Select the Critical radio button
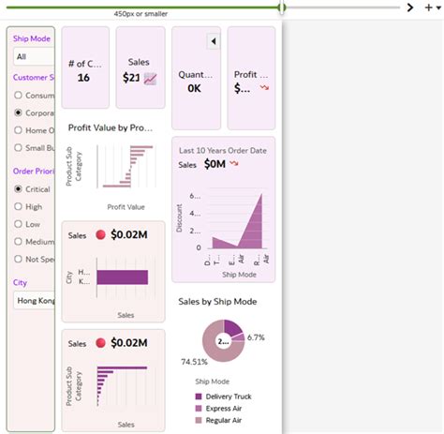19,189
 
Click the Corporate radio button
19,112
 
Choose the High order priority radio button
19,207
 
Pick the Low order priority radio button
19,225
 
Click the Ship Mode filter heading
31,40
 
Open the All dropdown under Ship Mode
32,57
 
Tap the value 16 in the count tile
83,78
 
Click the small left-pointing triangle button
213,41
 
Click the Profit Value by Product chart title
111,127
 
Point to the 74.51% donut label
194,360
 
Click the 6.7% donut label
256,337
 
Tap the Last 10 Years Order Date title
224,150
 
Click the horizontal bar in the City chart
122,277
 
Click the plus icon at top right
428,7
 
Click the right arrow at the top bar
410,7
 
